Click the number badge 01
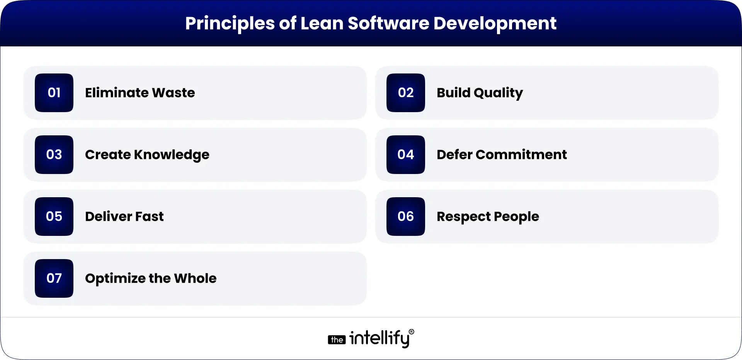point(54,93)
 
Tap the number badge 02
point(405,93)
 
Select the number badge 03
point(54,155)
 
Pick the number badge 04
point(405,155)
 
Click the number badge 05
point(54,217)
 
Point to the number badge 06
point(405,217)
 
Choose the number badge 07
point(54,278)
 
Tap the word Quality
point(498,93)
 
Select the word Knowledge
point(172,155)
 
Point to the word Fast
point(149,217)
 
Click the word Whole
point(195,278)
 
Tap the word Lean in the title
point(322,23)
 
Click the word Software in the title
point(388,23)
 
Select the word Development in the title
point(495,24)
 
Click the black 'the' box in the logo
point(337,340)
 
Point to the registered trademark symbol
point(411,332)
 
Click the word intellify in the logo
point(380,338)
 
